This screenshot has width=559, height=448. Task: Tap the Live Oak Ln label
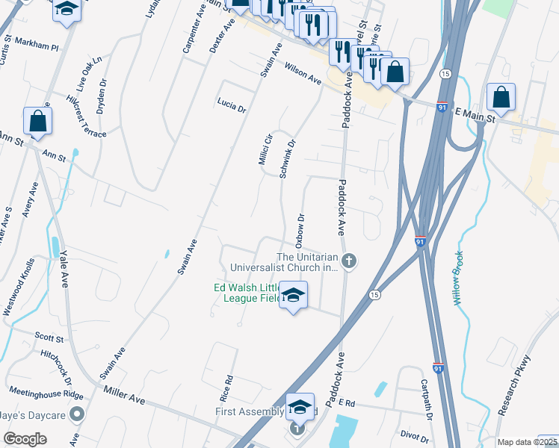[x=93, y=69]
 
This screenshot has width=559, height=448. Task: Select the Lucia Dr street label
[x=232, y=104]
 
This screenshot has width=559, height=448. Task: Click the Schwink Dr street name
[x=288, y=158]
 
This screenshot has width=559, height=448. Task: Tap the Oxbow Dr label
[x=300, y=231]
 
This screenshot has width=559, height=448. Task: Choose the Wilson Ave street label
[x=302, y=73]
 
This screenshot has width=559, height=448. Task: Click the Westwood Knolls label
[x=19, y=287]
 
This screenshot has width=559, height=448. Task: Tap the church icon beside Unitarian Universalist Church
[x=349, y=261]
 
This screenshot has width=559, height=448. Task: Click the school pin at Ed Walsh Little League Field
[x=294, y=295]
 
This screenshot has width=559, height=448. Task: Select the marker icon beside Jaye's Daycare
[x=76, y=414]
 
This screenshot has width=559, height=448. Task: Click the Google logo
[x=25, y=439]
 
